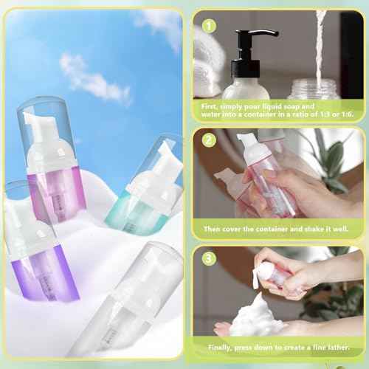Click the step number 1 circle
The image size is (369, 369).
(x=209, y=26)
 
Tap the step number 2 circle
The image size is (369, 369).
(x=209, y=139)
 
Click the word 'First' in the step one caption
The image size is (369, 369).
(x=214, y=107)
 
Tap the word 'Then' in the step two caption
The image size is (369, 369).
(x=213, y=228)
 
